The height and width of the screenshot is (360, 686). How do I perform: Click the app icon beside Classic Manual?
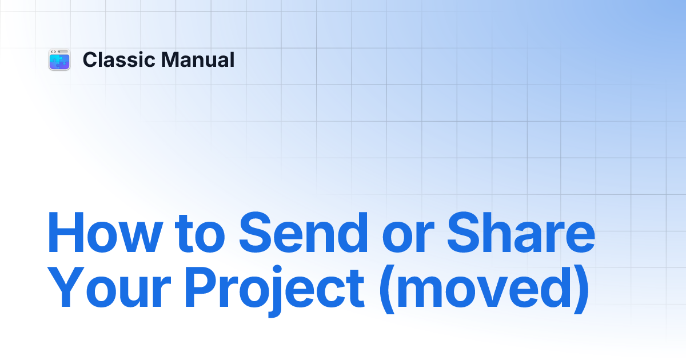(59, 60)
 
